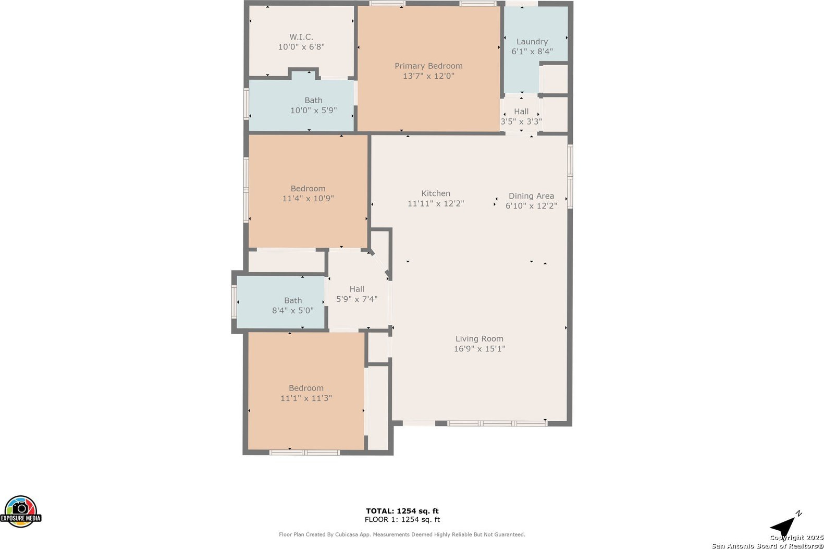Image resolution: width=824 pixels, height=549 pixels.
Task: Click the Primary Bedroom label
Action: tap(428, 66)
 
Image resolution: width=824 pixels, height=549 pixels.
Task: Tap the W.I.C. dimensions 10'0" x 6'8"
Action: tap(301, 47)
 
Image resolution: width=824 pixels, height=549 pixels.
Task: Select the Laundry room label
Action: tap(532, 42)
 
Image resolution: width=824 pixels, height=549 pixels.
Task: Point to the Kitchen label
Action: tap(436, 193)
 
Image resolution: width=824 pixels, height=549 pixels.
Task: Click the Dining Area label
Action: tap(531, 196)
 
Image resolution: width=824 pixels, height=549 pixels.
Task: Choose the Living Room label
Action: tap(479, 338)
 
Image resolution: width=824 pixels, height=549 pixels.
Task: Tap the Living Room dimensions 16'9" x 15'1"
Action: tap(479, 348)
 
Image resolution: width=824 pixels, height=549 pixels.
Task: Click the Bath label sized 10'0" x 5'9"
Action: tap(313, 100)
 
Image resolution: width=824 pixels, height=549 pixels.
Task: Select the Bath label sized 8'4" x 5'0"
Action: tap(293, 300)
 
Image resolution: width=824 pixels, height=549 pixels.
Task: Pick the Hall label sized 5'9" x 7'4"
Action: tap(357, 289)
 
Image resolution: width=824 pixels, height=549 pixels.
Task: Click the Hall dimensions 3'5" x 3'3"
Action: tap(521, 121)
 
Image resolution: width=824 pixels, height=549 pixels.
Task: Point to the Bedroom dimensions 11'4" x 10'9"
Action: tap(308, 198)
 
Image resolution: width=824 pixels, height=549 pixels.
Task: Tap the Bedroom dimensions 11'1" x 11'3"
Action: tap(306, 398)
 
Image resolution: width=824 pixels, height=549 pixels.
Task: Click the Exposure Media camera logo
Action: tap(21, 511)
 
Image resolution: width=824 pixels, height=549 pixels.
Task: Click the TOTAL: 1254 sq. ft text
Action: tap(402, 511)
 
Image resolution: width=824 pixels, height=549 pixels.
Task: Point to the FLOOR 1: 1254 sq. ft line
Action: tap(402, 520)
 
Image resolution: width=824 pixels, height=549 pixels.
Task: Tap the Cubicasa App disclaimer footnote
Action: tap(402, 534)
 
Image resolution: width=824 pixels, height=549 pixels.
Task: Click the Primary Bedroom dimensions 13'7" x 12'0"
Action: tap(428, 76)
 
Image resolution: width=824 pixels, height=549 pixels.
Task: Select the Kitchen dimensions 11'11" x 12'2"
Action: tap(436, 203)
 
